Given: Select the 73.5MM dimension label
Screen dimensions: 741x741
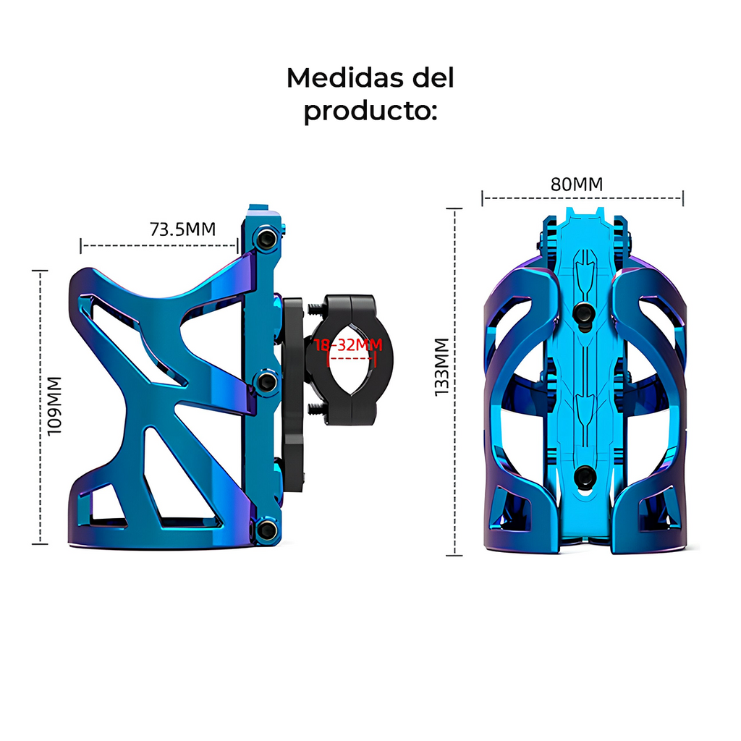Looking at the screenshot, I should pyautogui.click(x=182, y=229).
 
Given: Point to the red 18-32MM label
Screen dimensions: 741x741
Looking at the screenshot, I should pyautogui.click(x=348, y=345).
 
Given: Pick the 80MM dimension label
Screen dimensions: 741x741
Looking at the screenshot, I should pyautogui.click(x=577, y=185).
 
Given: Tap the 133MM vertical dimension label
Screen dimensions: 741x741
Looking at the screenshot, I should pyautogui.click(x=442, y=365).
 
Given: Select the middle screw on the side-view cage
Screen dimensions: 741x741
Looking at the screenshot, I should pyautogui.click(x=267, y=381).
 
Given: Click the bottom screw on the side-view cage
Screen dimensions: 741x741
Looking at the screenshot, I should pyautogui.click(x=267, y=530).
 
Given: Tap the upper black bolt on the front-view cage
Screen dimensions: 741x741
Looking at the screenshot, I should pyautogui.click(x=583, y=313).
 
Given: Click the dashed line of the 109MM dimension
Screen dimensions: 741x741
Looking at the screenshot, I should pyautogui.click(x=41, y=470).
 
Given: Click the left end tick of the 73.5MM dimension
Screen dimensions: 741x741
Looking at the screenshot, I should pyautogui.click(x=81, y=246).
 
